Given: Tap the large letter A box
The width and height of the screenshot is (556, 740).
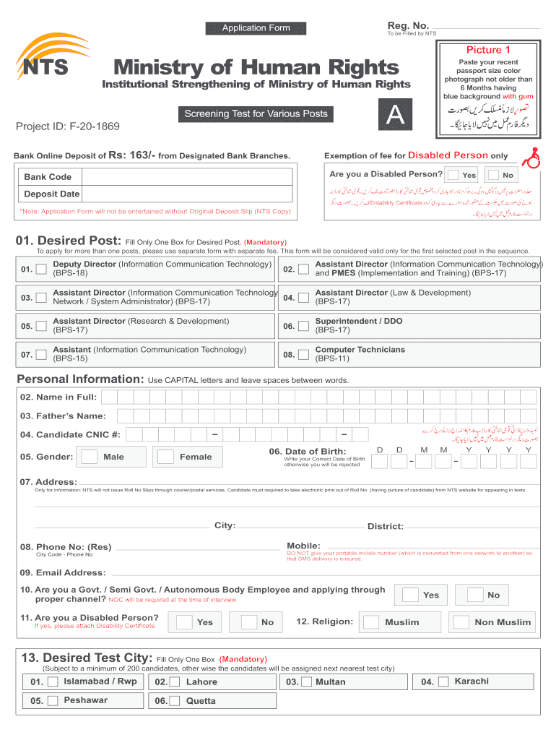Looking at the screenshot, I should (x=395, y=116).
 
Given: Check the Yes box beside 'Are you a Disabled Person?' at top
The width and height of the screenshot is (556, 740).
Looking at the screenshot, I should (x=453, y=175).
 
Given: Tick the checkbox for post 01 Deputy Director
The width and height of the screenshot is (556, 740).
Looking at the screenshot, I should (x=42, y=270).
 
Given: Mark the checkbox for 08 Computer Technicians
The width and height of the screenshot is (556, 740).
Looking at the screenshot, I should (x=304, y=354).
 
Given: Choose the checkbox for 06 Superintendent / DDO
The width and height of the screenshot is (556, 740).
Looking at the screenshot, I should (x=304, y=326).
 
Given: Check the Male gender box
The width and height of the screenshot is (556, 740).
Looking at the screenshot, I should (x=90, y=457).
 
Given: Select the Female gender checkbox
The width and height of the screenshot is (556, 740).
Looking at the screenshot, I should (x=166, y=457).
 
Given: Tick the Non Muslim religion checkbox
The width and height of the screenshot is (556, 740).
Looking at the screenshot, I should (x=462, y=622).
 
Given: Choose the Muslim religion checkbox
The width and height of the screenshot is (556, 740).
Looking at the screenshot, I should (x=372, y=622).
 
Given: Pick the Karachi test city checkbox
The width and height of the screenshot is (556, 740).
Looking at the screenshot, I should (x=443, y=681).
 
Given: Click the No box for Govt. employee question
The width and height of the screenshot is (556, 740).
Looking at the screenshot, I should (x=475, y=595).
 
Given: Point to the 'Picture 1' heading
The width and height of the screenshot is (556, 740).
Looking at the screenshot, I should (x=488, y=50).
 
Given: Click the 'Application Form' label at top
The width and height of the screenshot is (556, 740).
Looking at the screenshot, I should (x=256, y=28).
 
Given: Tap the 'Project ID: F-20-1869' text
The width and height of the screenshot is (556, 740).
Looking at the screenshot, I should (x=68, y=127).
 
